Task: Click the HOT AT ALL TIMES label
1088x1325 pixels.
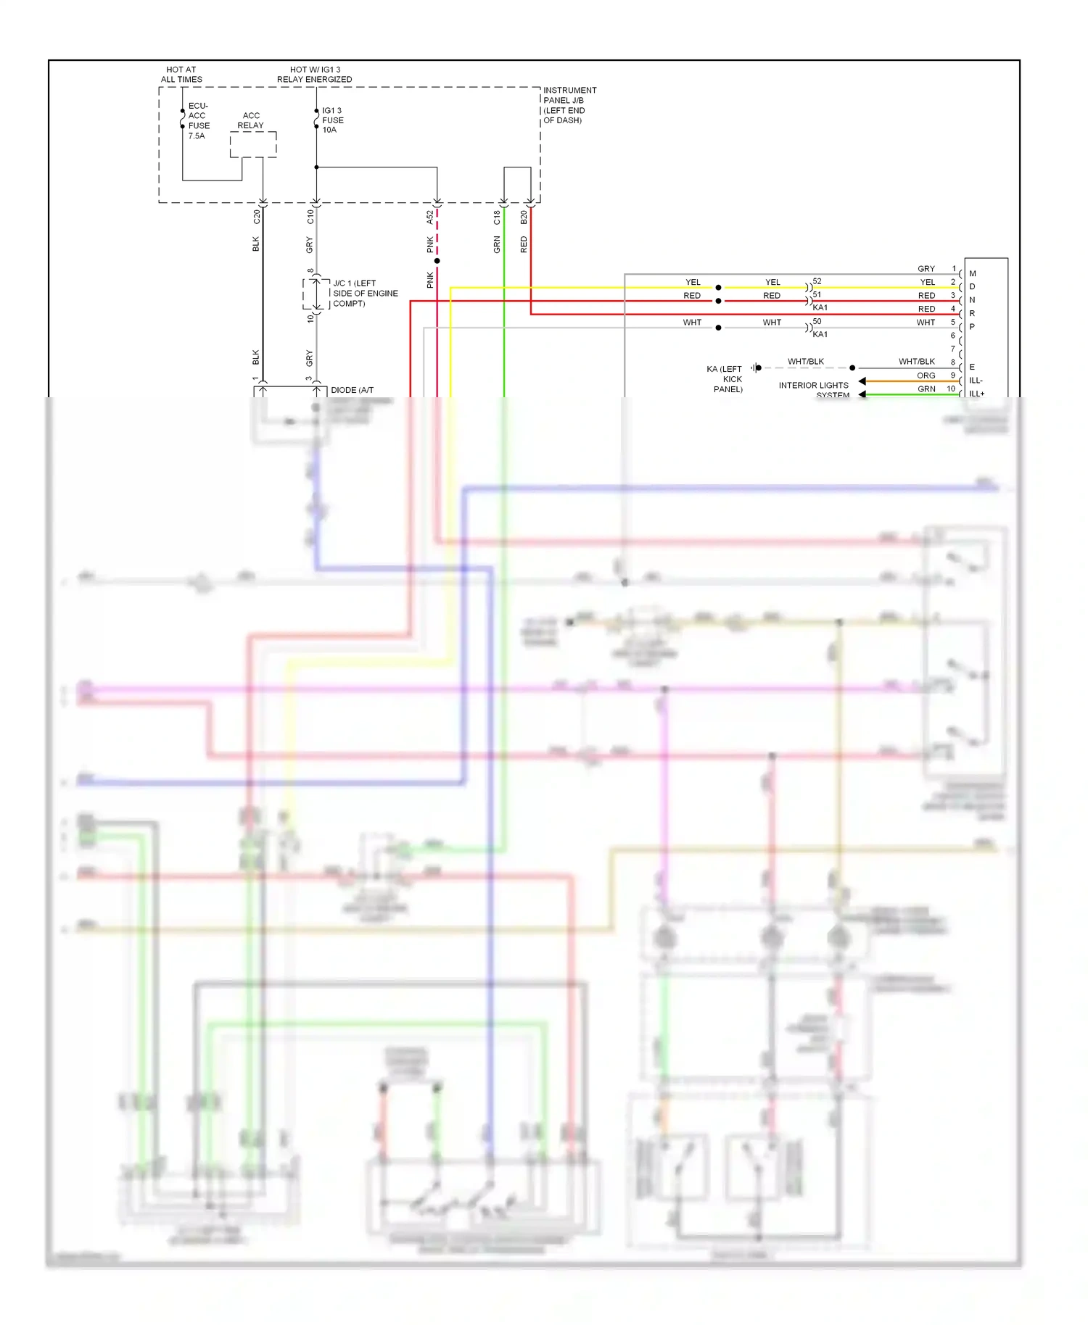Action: point(181,75)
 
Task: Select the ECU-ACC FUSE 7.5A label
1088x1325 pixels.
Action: point(198,120)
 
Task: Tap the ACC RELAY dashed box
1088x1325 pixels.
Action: point(253,144)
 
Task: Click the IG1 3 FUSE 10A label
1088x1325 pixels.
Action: point(332,120)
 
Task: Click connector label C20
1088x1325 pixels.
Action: point(256,217)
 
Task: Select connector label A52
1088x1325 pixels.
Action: point(429,217)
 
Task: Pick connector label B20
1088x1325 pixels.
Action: point(524,217)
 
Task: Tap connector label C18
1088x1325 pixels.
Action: point(497,217)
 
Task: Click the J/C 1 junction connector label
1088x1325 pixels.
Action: point(365,293)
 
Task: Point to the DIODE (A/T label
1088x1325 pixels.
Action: point(352,390)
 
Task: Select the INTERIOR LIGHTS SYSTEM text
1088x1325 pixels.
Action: point(814,389)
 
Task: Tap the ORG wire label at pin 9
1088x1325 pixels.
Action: point(926,375)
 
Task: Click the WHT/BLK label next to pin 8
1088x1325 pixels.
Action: point(916,361)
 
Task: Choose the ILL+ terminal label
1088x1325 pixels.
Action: point(977,394)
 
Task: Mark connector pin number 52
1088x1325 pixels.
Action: point(817,281)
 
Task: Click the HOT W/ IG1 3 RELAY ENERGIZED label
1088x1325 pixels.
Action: point(314,75)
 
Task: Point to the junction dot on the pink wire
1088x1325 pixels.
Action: point(437,261)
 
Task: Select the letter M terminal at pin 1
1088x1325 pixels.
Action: point(973,273)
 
